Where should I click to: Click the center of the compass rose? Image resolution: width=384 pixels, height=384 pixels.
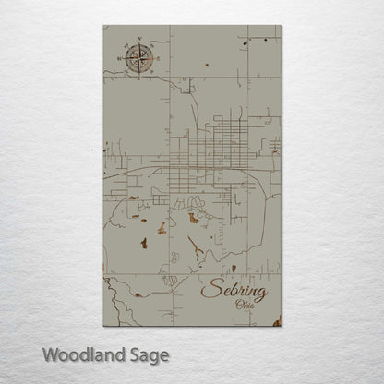pos(135,59)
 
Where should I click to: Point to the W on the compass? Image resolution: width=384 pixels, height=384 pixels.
pos(116,59)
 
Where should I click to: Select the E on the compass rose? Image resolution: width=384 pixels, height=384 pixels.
pos(153,59)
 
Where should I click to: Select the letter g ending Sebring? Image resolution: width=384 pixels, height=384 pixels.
pos(261,295)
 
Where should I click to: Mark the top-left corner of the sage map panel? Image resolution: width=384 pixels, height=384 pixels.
pos(102,28)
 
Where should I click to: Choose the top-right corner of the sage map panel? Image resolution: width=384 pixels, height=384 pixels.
pos(282,28)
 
